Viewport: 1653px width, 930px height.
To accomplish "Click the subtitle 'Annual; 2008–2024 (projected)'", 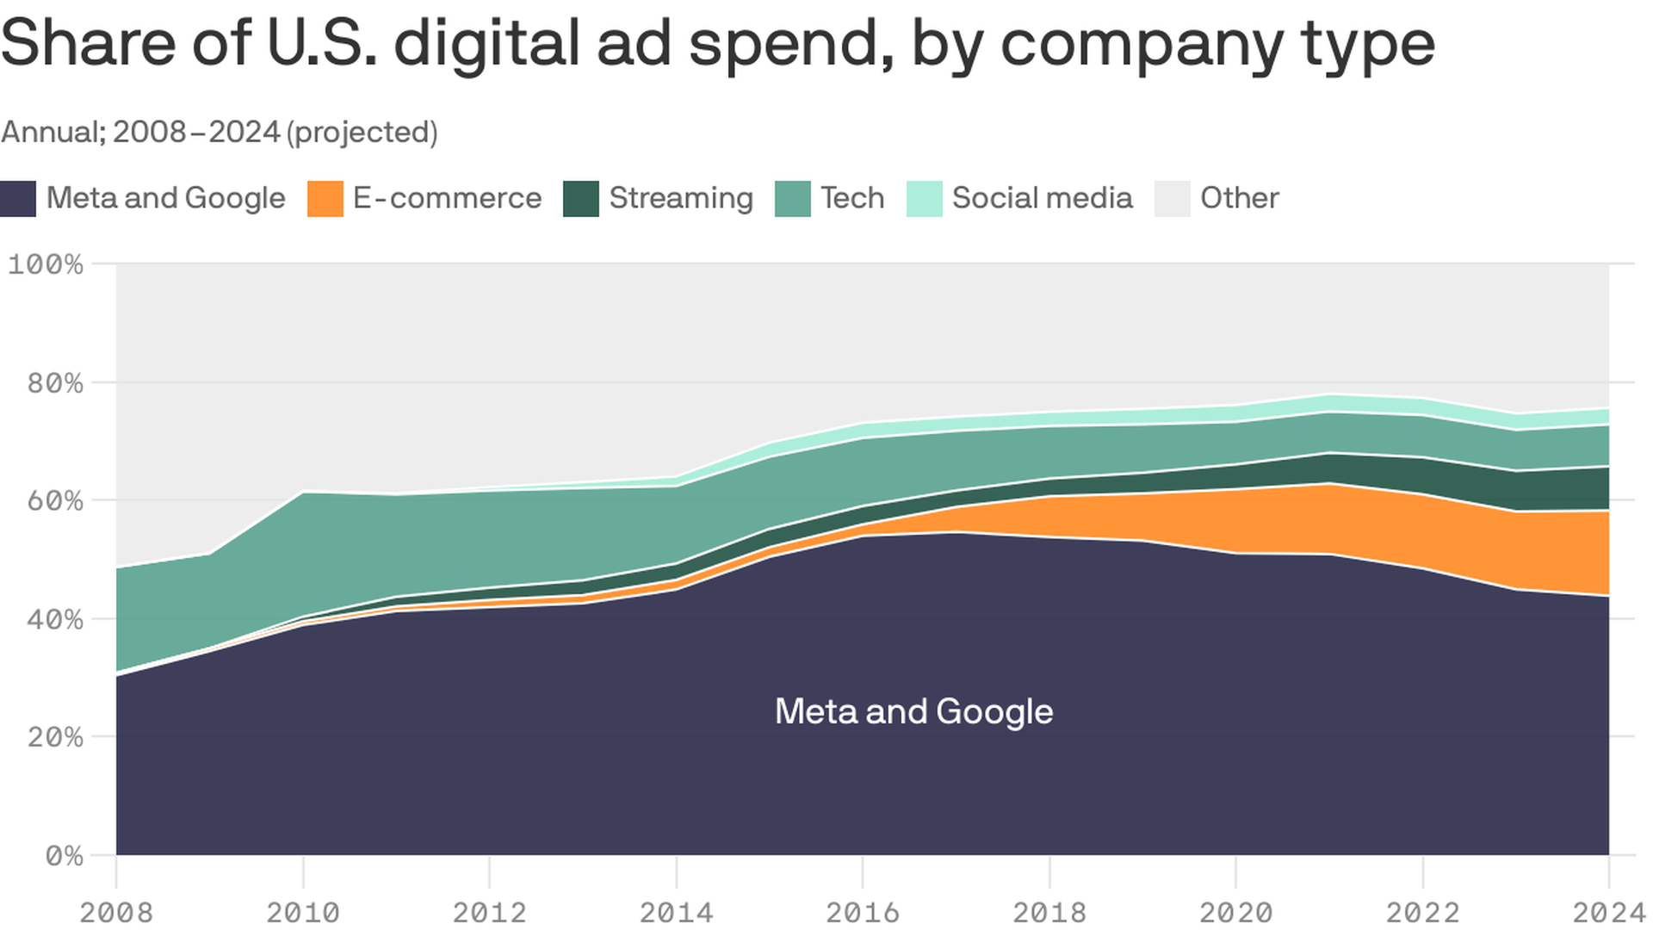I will (x=220, y=132).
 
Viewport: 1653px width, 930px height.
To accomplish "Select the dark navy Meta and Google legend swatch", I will (x=18, y=199).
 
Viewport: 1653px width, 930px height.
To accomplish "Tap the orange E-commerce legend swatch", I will (x=325, y=199).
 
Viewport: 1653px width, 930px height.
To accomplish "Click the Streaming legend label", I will (x=680, y=198).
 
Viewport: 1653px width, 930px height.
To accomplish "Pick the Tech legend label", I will (x=851, y=198).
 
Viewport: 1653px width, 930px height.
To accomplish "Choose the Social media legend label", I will (x=1042, y=198).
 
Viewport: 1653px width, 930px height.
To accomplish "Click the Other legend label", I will (x=1239, y=198).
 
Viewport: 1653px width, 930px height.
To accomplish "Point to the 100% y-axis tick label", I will (x=46, y=264).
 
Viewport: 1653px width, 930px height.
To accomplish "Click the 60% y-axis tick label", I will (x=55, y=501).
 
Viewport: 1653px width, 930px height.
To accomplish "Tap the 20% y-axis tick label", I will (x=55, y=738).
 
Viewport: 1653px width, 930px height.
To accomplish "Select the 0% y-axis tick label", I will (x=64, y=856).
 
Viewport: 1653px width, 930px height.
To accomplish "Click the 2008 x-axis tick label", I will (x=116, y=912).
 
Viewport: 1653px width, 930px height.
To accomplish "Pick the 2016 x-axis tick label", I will (x=863, y=912).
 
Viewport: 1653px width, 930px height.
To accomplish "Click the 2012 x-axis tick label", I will (x=489, y=912).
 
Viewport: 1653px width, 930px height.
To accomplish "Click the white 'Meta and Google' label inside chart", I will (x=913, y=712).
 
